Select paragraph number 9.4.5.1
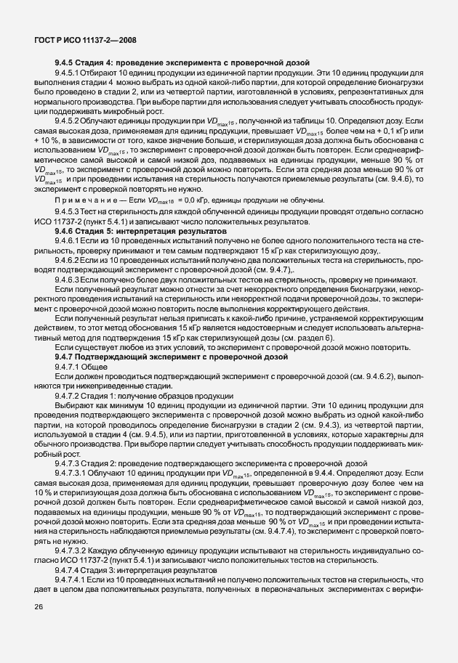[68, 73]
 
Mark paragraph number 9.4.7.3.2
[73, 550]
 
